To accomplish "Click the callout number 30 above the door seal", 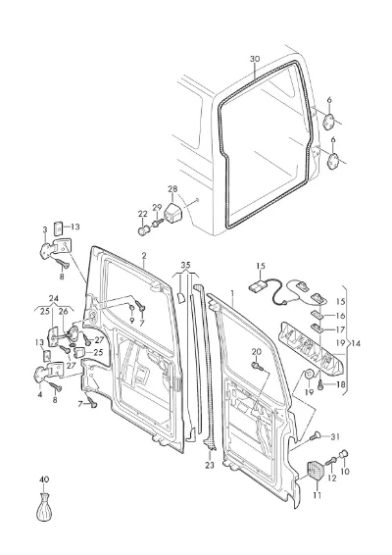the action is coord(255,59).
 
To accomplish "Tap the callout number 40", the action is coord(44,479).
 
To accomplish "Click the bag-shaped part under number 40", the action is coord(44,508).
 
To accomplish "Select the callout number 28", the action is coord(172,189).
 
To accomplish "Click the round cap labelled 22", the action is coord(143,231).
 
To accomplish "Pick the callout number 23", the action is coord(210,465).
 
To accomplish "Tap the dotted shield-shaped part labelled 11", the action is coord(316,471).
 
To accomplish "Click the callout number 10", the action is coord(345,472).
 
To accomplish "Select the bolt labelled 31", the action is coord(316,436).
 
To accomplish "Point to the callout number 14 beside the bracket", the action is coord(356,343).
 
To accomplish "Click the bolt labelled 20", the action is coord(257,366).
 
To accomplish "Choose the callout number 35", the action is coord(185,265).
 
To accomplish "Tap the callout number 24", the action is coord(54,299).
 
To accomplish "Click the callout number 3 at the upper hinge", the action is coord(45,229).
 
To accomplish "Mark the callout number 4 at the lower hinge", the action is coord(39,394).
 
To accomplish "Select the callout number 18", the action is coord(340,384).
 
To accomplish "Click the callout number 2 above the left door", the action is coord(144,256).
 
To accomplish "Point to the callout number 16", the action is coord(340,316).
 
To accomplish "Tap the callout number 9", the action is coord(131,322).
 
